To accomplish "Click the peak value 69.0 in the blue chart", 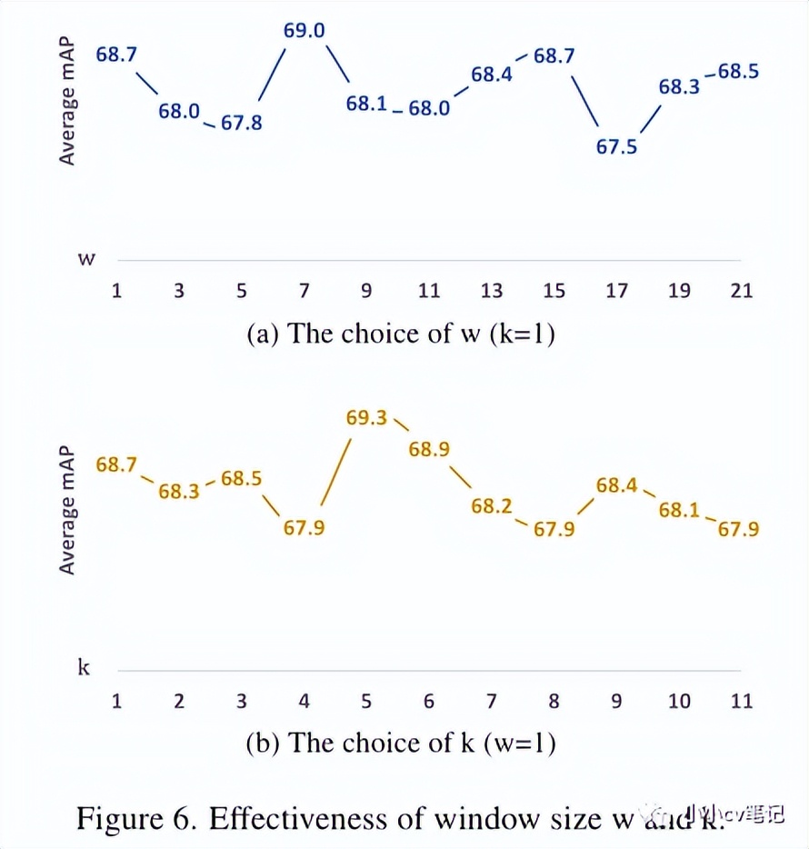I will (x=304, y=31).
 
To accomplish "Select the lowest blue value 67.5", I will (x=616, y=146).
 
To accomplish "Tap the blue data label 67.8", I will (x=241, y=122).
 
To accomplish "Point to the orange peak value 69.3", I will (x=366, y=418).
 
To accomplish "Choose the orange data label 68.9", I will (x=429, y=448).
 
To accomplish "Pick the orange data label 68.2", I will (x=492, y=506).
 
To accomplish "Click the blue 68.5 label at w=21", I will (x=738, y=71).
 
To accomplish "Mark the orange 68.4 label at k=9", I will (x=616, y=485).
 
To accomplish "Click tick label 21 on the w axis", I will (x=742, y=291).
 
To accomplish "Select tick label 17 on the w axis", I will (x=616, y=291).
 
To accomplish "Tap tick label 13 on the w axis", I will (x=492, y=291).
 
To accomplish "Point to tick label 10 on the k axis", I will (x=679, y=701).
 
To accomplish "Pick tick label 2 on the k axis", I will (x=179, y=701).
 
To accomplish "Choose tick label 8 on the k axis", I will (x=554, y=701).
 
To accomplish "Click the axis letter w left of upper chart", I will (x=86, y=259).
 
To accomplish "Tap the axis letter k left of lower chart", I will (x=85, y=668).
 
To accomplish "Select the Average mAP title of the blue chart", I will (x=67, y=101).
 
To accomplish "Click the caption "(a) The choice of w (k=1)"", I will (x=401, y=334).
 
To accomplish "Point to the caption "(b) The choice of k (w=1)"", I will (x=401, y=743).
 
